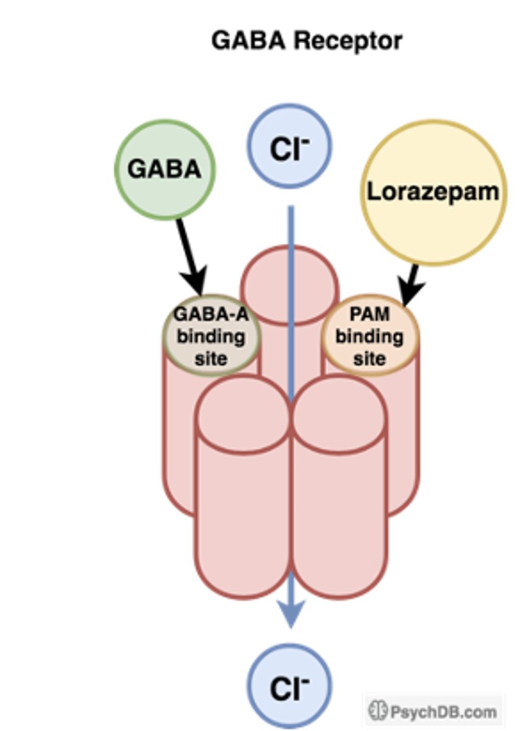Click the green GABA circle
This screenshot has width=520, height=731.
164,169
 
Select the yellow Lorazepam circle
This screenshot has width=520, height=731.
433,192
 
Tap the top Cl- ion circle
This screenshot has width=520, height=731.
289,147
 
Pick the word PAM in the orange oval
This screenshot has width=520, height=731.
370,316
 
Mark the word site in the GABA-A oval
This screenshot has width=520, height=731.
211,358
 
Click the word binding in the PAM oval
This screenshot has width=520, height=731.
370,336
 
